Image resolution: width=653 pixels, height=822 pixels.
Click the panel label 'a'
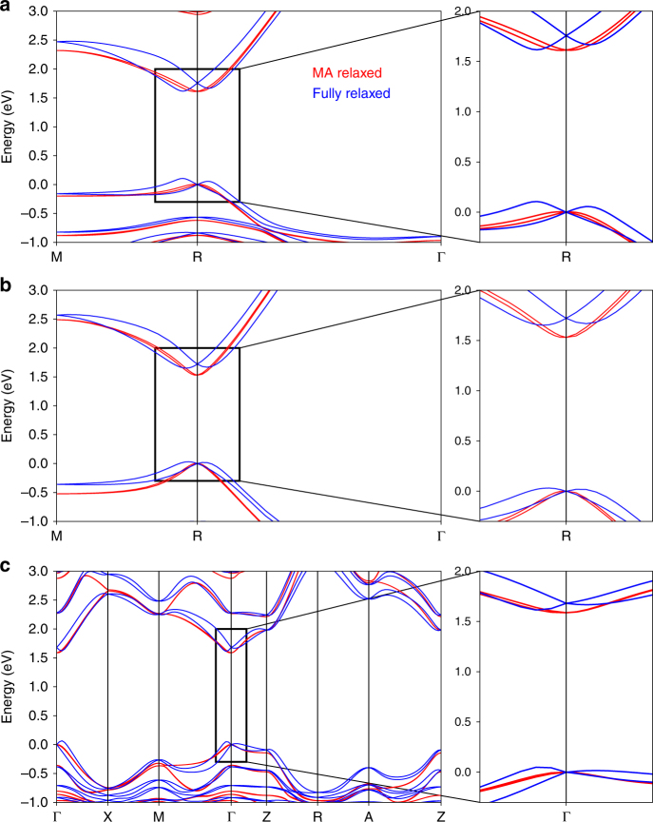[x=7, y=8]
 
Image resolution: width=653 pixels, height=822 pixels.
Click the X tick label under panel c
[x=107, y=813]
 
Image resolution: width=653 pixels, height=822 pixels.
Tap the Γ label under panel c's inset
[x=567, y=813]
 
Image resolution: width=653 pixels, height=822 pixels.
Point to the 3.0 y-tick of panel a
[x=38, y=10]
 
